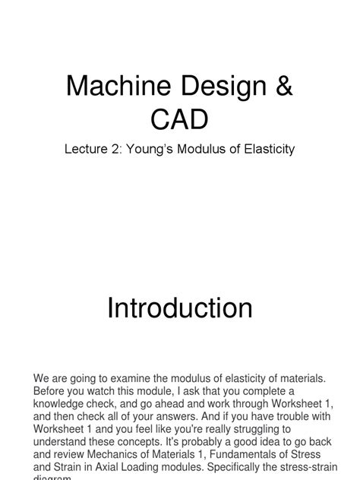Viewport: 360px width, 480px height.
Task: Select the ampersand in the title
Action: point(282,86)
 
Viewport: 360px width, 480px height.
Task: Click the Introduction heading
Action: point(180,308)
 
